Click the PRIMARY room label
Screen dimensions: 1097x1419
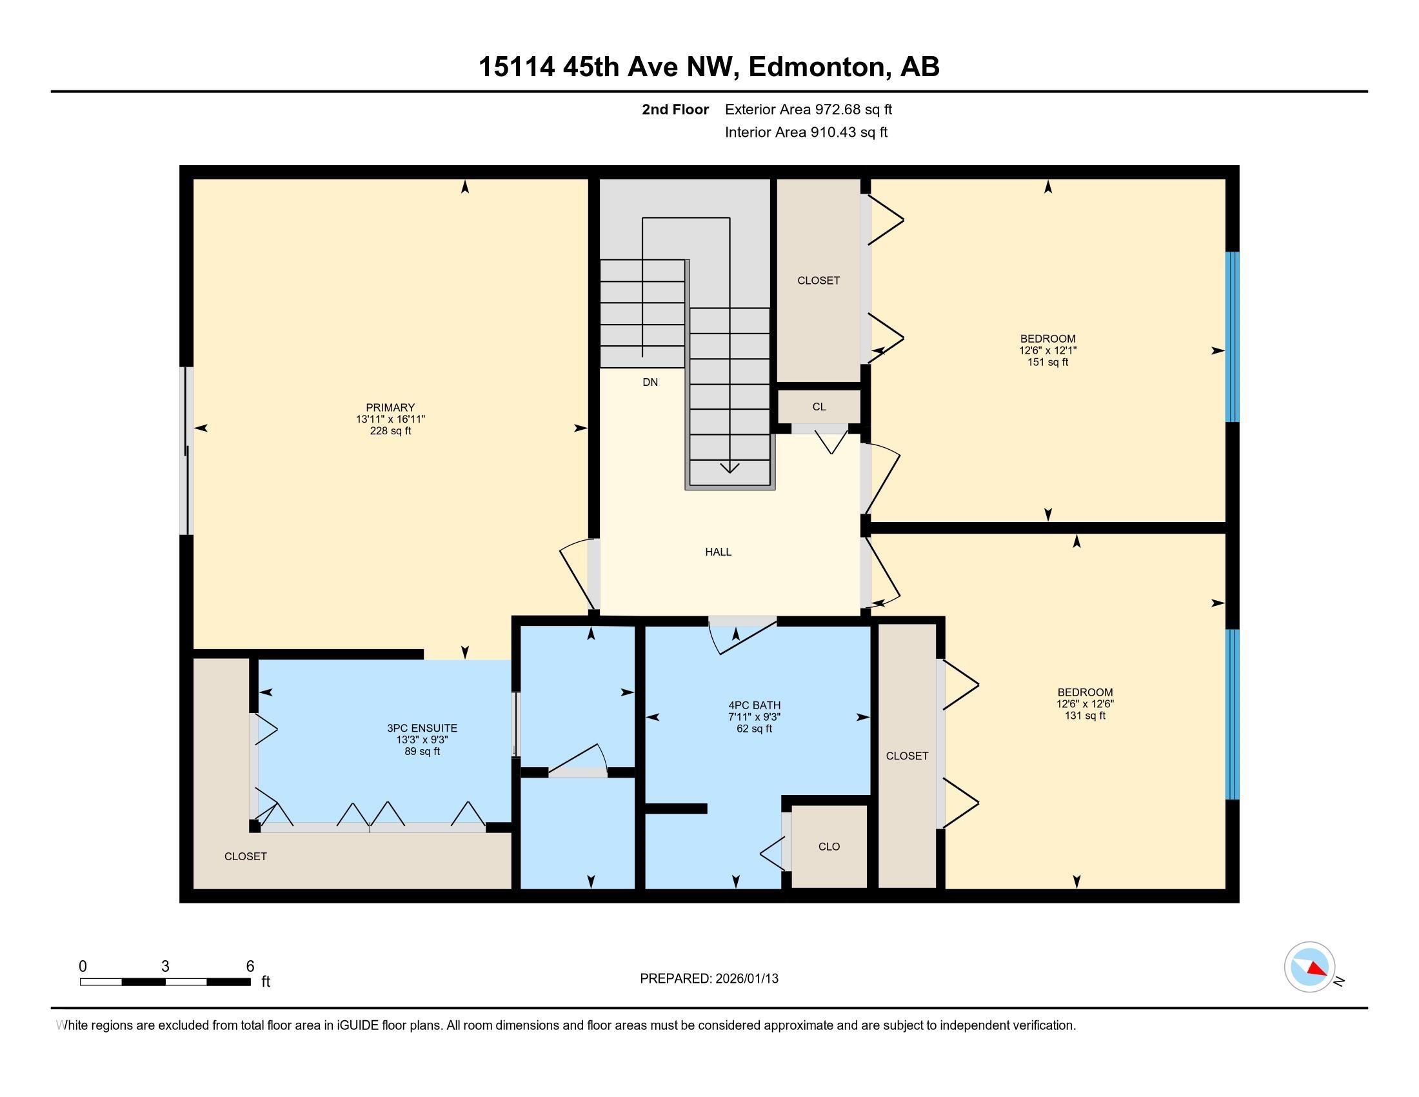(x=390, y=407)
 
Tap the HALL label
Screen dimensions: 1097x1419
(x=718, y=552)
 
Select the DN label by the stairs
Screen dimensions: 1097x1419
(x=650, y=382)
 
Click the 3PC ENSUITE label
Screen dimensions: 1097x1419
(x=422, y=728)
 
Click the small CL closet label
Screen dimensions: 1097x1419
(x=819, y=407)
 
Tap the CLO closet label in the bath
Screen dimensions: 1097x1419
(x=829, y=846)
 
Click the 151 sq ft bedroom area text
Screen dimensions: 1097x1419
(x=1047, y=362)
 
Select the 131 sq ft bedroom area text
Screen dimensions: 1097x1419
(x=1084, y=716)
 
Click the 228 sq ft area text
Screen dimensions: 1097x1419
(x=390, y=431)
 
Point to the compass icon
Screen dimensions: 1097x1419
(x=1309, y=967)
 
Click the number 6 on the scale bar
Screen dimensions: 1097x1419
(x=250, y=967)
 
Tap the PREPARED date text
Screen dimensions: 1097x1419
(x=709, y=978)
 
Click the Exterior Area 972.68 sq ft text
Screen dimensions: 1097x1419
(x=808, y=109)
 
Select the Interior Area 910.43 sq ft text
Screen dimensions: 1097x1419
(x=806, y=132)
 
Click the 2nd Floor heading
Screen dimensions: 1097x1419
(x=675, y=109)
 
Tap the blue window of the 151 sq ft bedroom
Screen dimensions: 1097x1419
(x=1232, y=337)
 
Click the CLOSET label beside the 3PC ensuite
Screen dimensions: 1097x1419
(x=246, y=856)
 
